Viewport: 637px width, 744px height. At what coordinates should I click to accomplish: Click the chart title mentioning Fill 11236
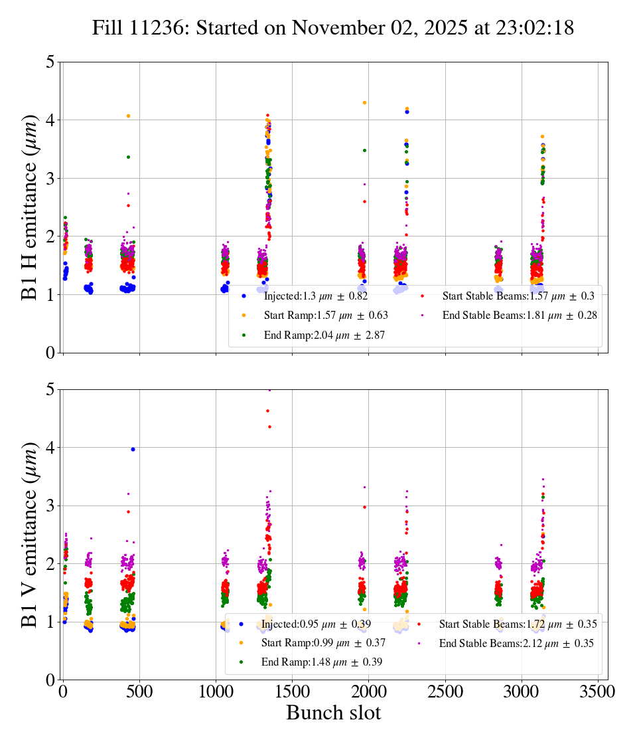click(x=332, y=28)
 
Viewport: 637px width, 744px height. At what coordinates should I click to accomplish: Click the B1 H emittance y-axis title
click(x=31, y=207)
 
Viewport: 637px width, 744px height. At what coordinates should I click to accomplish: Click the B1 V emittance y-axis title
click(x=31, y=534)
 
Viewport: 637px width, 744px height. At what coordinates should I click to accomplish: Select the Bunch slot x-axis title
click(x=334, y=713)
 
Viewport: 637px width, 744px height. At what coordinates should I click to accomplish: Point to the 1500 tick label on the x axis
click(x=293, y=692)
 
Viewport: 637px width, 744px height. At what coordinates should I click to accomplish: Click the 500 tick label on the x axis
click(x=139, y=692)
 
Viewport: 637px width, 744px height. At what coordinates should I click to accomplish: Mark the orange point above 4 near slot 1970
click(x=364, y=103)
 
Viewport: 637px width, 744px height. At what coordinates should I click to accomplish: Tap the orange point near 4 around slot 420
click(x=128, y=116)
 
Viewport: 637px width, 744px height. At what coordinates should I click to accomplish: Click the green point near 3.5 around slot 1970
click(x=364, y=150)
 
